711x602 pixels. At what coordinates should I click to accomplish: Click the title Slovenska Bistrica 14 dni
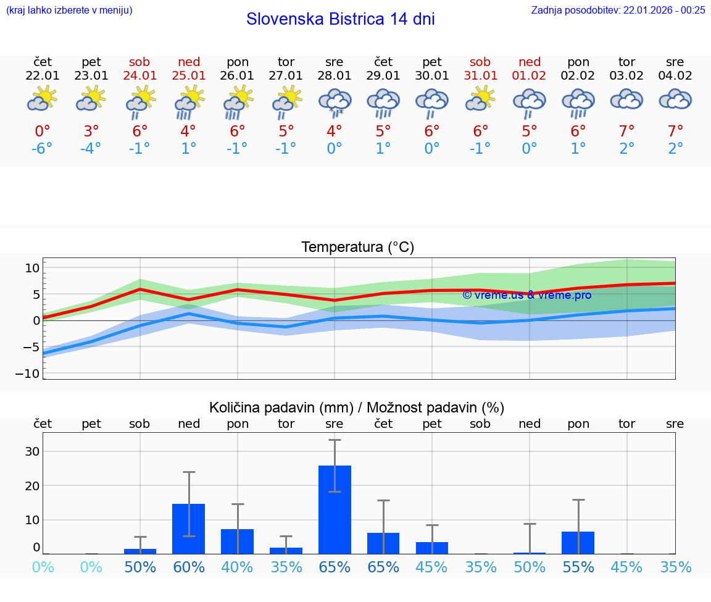coord(340,19)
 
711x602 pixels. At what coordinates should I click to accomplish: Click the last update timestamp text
coord(618,10)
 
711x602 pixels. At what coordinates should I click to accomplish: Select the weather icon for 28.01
coord(335,102)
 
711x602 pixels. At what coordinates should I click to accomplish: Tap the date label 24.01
coord(139,76)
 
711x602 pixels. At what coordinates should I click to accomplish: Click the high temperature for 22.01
coord(43,132)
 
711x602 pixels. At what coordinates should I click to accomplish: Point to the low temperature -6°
coord(43,149)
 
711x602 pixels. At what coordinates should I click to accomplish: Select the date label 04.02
coord(675,76)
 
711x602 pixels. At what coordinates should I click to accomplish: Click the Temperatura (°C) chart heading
coord(357,248)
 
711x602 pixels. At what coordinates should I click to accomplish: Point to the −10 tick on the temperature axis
coord(32,374)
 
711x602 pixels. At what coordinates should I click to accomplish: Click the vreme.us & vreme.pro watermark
coord(526,295)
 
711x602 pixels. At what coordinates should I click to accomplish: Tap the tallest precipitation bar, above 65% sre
coord(335,509)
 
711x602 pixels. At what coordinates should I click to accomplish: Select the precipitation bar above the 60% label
coord(188,529)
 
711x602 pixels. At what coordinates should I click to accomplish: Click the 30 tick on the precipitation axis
coord(32,451)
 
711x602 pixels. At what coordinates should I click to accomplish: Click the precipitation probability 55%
coord(578,567)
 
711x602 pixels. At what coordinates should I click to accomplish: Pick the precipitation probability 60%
coord(188,567)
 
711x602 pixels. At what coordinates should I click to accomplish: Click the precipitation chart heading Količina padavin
coord(357,408)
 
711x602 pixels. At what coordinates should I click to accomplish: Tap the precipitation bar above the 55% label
coord(578,543)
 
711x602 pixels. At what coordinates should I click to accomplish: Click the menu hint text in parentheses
coord(69,10)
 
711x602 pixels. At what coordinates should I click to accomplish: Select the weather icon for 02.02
coord(578,102)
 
